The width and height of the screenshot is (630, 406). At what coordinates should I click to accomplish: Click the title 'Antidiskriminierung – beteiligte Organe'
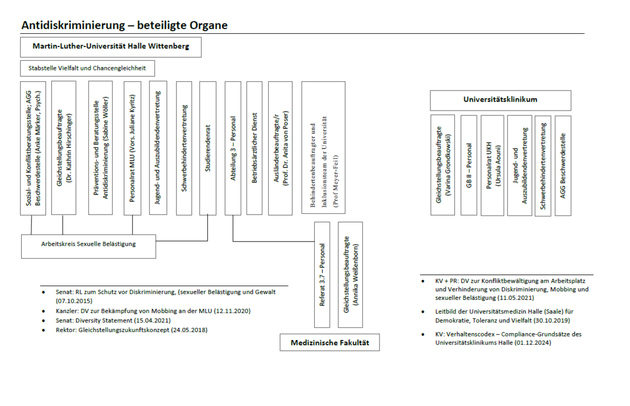pyautogui.click(x=124, y=25)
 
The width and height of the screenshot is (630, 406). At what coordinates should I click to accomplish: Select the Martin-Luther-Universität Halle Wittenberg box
pyautogui.click(x=111, y=46)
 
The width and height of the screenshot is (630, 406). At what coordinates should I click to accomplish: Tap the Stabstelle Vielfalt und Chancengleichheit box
pyautogui.click(x=87, y=68)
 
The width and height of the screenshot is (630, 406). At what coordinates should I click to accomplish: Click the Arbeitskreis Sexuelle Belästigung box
pyautogui.click(x=88, y=245)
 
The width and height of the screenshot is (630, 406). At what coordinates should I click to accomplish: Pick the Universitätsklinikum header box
pyautogui.click(x=500, y=100)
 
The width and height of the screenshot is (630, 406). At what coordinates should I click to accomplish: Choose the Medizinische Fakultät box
pyautogui.click(x=329, y=343)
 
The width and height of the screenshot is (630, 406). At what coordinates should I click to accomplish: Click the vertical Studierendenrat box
pyautogui.click(x=208, y=148)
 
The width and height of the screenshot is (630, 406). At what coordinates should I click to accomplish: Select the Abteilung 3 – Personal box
pyautogui.click(x=233, y=148)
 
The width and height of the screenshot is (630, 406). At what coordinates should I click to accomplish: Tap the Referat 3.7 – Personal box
pyautogui.click(x=323, y=275)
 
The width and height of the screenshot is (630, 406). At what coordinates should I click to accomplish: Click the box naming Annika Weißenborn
pyautogui.click(x=350, y=275)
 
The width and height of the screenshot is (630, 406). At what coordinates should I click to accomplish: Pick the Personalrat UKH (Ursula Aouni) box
pyautogui.click(x=492, y=165)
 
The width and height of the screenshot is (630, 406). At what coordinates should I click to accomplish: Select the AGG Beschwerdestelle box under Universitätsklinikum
pyautogui.click(x=563, y=165)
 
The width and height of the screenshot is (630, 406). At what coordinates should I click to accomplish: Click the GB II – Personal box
pyautogui.click(x=469, y=165)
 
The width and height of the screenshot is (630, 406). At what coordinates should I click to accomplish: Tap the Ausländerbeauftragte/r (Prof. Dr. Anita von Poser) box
pyautogui.click(x=280, y=148)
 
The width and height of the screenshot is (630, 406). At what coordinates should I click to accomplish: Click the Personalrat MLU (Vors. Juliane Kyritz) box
pyautogui.click(x=132, y=148)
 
